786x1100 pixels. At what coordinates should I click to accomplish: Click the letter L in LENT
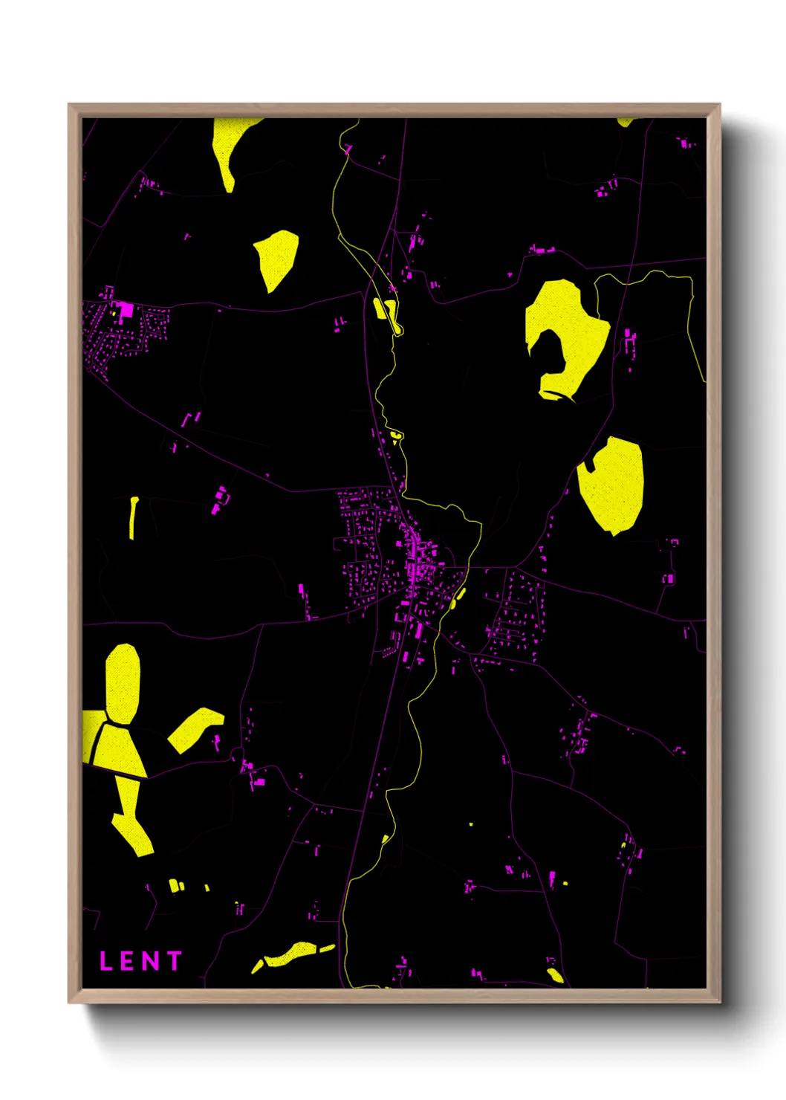coord(106,961)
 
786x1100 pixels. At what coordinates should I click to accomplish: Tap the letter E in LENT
coord(127,961)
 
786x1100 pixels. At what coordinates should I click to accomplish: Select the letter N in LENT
coord(150,961)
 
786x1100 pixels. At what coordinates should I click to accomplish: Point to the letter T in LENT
coord(175,961)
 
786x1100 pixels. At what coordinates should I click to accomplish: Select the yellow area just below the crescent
coord(611,485)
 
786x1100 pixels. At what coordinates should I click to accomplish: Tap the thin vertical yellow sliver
coord(134,517)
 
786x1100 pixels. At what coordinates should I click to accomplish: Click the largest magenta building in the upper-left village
coord(126,309)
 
